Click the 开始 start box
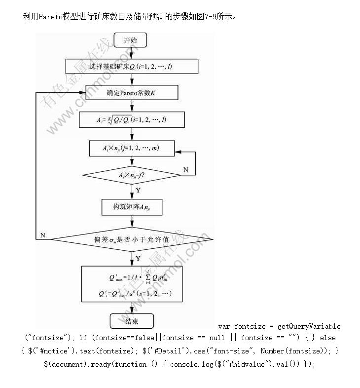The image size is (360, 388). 131,40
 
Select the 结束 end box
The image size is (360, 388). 131,322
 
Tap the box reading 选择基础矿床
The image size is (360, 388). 132,67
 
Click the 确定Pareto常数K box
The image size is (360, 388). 132,93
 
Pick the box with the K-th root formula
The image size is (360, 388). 132,119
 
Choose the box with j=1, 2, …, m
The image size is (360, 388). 132,147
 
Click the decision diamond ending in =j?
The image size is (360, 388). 132,175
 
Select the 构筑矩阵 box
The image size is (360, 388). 131,207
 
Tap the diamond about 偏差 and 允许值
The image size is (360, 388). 132,240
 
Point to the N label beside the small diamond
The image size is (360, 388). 185,169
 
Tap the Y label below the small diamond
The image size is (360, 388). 138,190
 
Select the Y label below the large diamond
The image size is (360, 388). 138,258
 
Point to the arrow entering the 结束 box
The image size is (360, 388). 131,309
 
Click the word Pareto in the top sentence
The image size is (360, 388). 51,16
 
